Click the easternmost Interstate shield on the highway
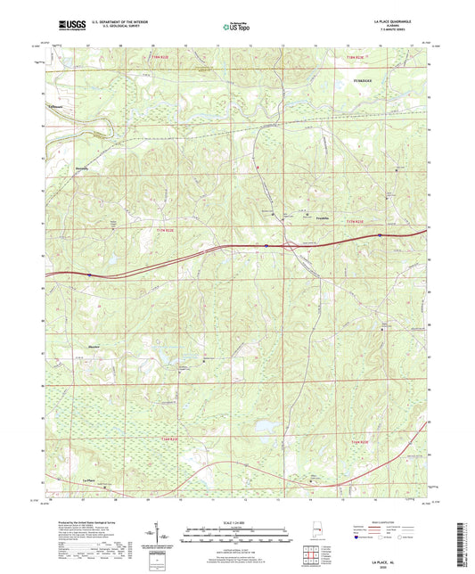pyautogui.click(x=381, y=236)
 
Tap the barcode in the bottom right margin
pyautogui.click(x=463, y=535)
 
